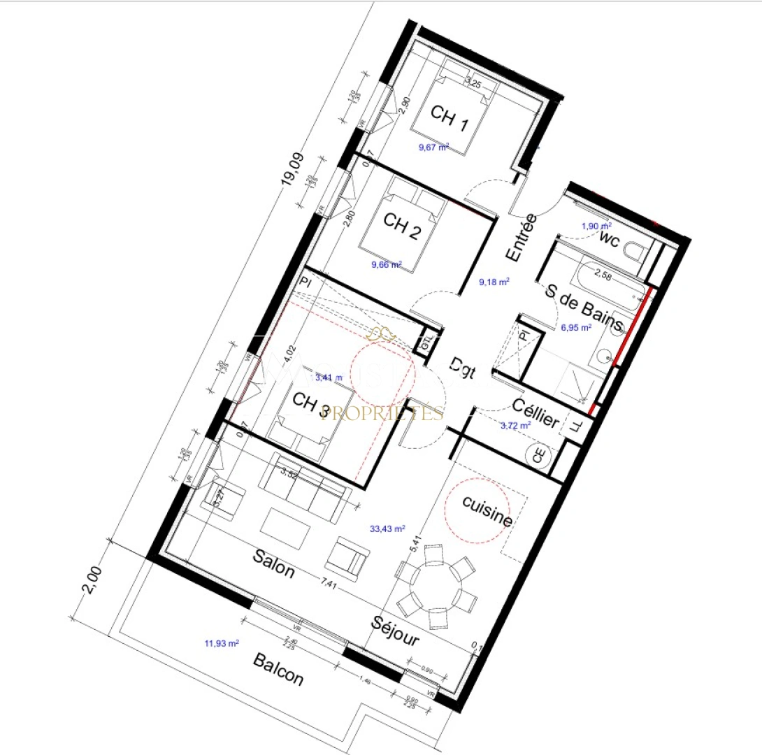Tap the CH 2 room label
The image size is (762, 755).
(x=401, y=226)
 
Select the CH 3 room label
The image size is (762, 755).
(x=310, y=405)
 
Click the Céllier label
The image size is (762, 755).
(x=535, y=413)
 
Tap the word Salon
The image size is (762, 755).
(x=273, y=564)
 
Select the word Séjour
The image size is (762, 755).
(x=396, y=630)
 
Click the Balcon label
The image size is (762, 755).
(x=278, y=669)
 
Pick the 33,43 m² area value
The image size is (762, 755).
(x=388, y=529)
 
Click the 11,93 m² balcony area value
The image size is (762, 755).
(x=222, y=643)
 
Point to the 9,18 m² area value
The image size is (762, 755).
(x=494, y=282)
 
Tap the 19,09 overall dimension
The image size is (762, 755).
(x=292, y=169)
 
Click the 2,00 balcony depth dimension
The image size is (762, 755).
(x=92, y=580)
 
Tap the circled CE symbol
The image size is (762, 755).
(x=539, y=456)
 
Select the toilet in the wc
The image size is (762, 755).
(x=638, y=257)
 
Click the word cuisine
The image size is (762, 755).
(x=487, y=511)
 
